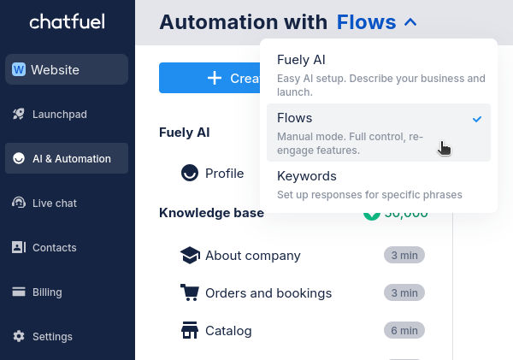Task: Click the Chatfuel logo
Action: pos(67,22)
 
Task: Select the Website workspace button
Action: pos(67,70)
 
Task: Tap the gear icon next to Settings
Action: pos(19,336)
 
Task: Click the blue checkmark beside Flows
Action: pos(477,119)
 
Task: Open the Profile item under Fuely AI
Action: pos(224,174)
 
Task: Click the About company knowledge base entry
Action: pos(252,255)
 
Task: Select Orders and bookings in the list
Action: pos(268,292)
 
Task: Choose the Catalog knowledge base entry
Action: pos(228,330)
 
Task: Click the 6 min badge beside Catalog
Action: pos(404,330)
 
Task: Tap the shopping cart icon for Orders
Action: pos(190,292)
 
